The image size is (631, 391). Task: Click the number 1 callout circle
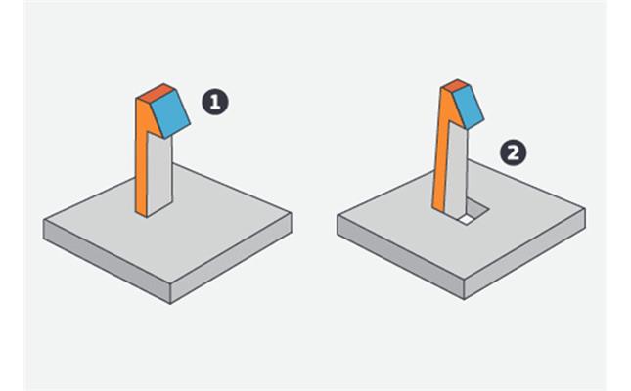click(x=215, y=103)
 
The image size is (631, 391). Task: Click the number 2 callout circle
click(x=513, y=152)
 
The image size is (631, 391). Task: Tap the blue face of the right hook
click(x=468, y=107)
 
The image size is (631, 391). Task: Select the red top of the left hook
click(x=156, y=93)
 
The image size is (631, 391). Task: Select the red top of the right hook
click(x=455, y=86)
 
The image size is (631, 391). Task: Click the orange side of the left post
click(x=142, y=161)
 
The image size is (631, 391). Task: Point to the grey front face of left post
click(x=159, y=174)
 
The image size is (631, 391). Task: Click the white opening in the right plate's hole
click(x=466, y=220)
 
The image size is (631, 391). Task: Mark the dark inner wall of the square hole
click(x=477, y=207)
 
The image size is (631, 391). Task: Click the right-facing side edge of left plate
click(x=231, y=258)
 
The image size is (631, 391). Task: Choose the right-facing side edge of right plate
click(x=524, y=253)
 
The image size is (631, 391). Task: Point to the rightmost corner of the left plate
click(x=292, y=213)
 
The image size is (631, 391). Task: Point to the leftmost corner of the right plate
click(x=338, y=215)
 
